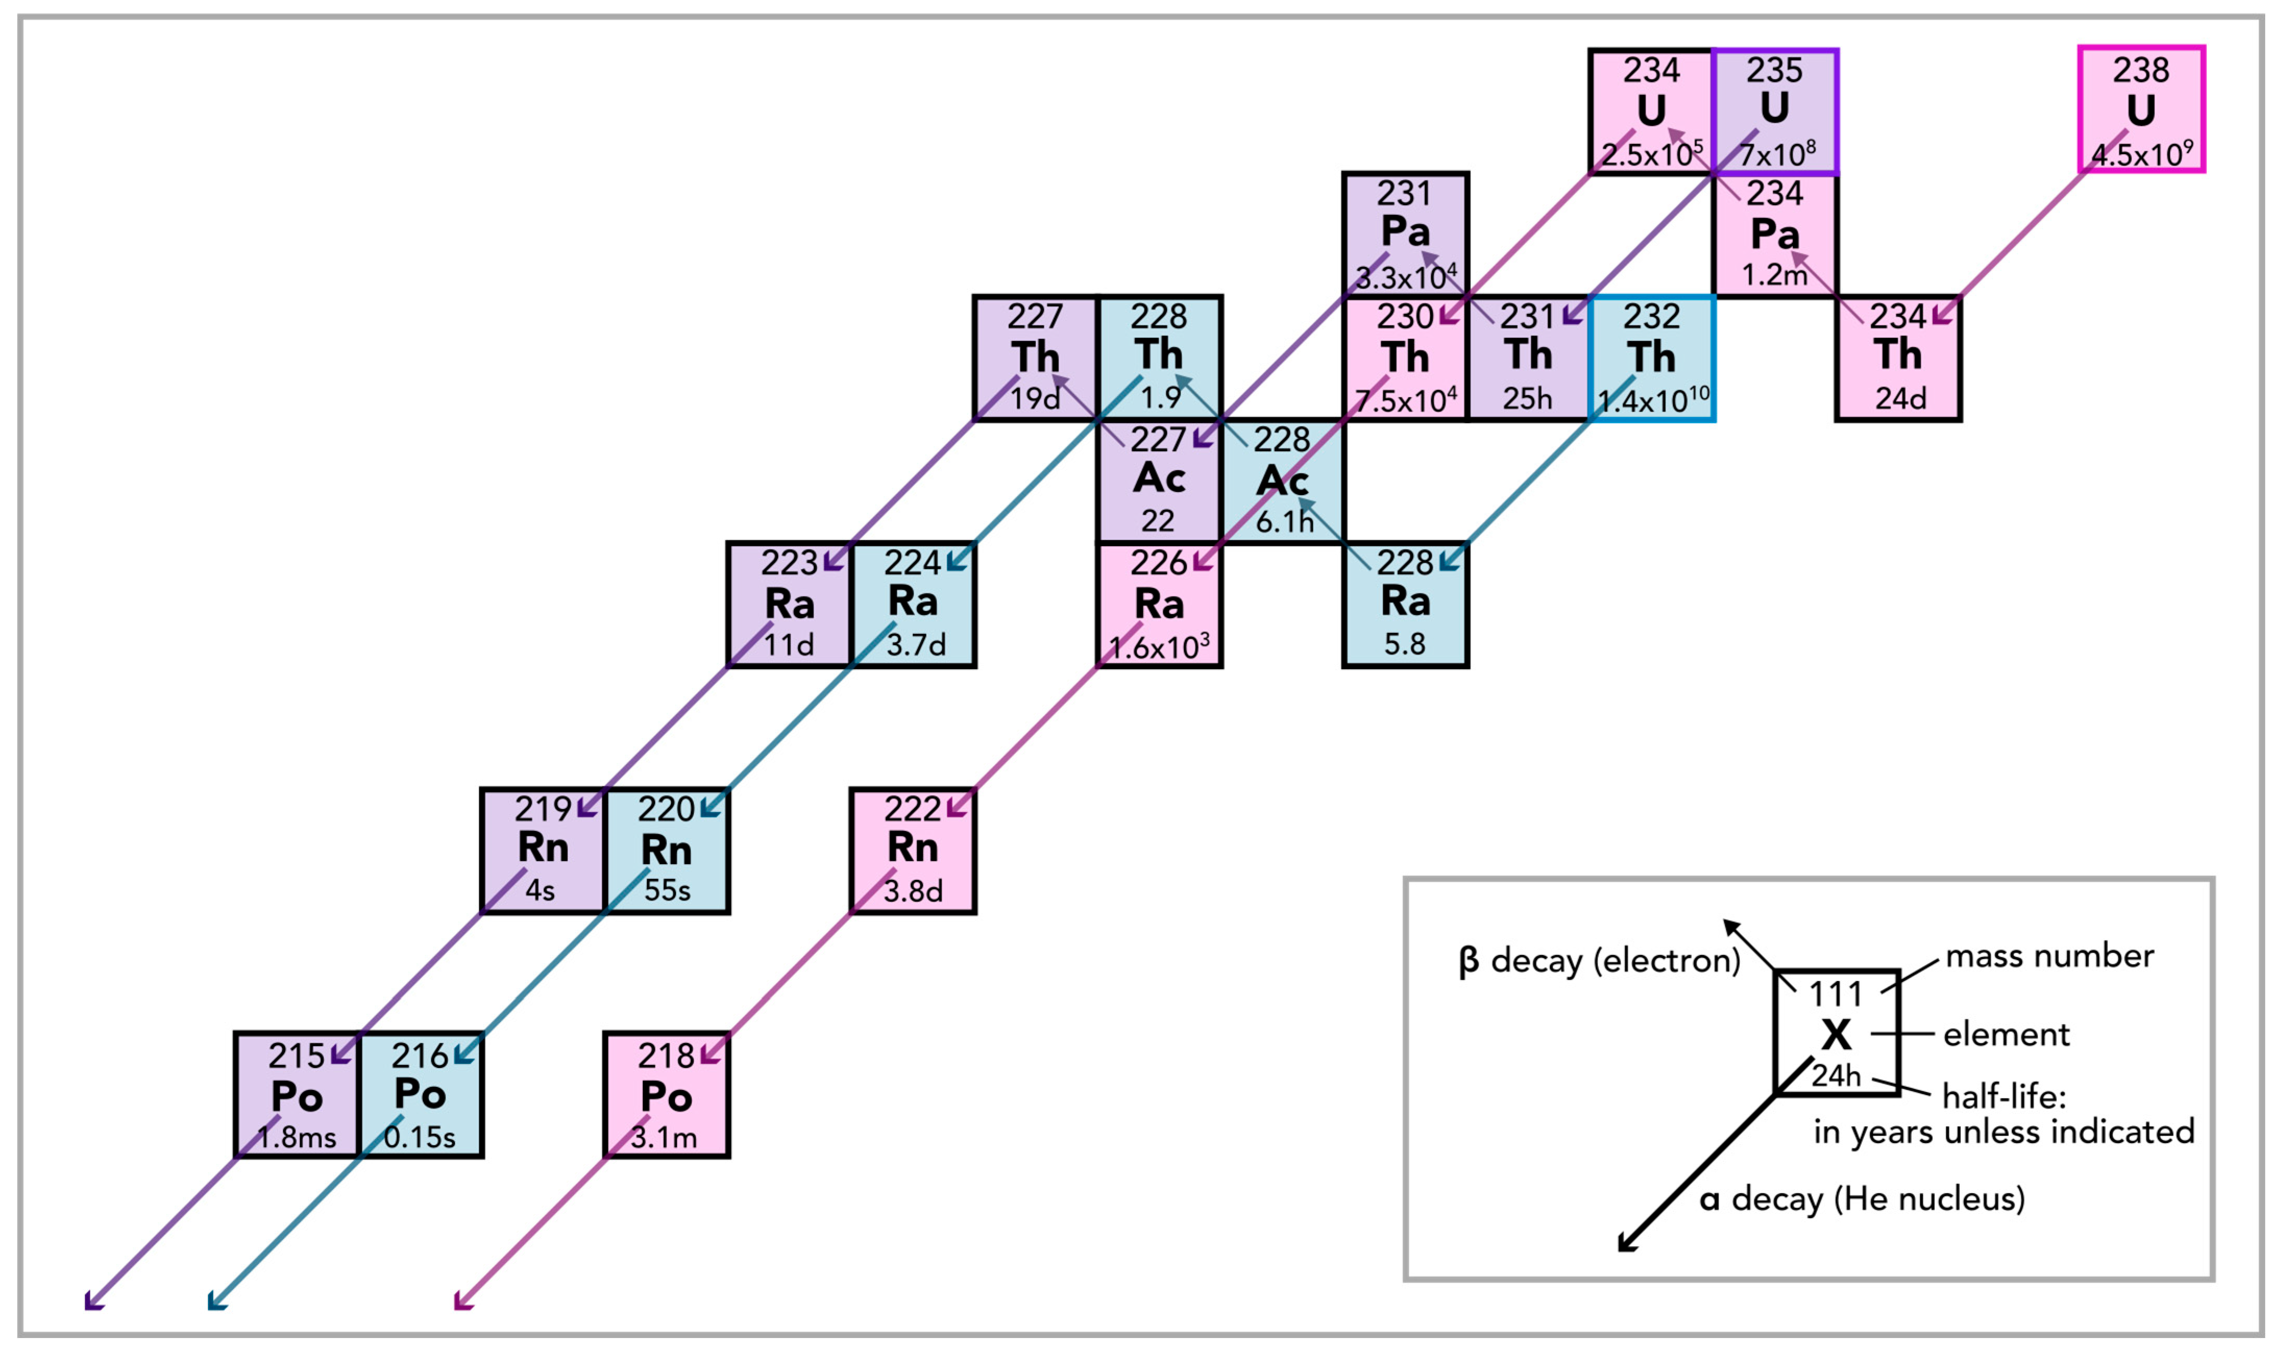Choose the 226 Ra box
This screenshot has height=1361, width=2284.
(x=1159, y=605)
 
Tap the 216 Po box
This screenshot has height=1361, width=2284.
(x=420, y=1096)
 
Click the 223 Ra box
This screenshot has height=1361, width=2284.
(x=789, y=605)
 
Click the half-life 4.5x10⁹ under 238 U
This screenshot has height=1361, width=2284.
(x=2142, y=154)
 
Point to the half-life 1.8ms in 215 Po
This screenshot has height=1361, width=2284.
(x=297, y=1138)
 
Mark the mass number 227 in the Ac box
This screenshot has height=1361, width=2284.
(x=1157, y=440)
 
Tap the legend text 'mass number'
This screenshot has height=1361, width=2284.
(x=2049, y=957)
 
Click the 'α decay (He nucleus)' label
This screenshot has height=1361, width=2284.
(x=1861, y=1199)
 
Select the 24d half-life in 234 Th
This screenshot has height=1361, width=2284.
(x=1900, y=399)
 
